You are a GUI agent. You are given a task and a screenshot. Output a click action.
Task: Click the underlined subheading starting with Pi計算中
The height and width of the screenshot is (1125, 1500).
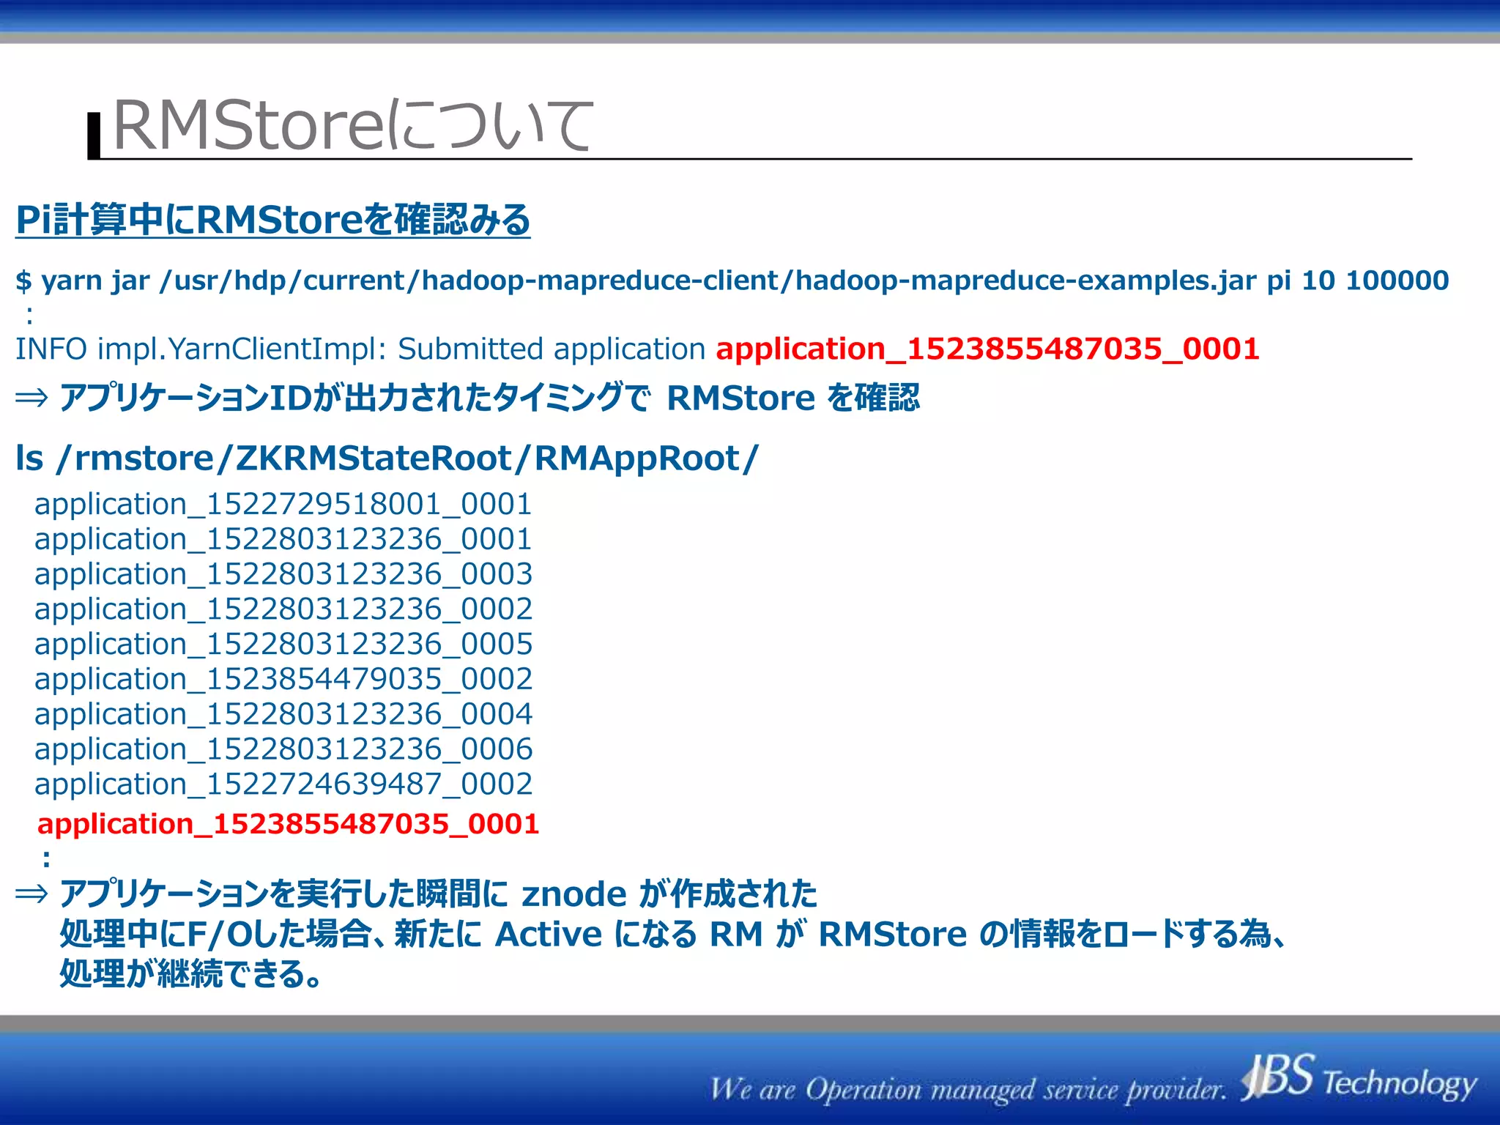[272, 220]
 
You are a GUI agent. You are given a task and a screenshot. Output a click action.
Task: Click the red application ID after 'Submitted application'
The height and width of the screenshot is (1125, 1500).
[987, 349]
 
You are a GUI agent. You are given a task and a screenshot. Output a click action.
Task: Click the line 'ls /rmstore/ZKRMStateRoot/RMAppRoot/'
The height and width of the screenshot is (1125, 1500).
[387, 458]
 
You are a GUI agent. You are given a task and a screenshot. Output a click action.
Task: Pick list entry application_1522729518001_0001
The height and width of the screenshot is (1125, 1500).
[283, 504]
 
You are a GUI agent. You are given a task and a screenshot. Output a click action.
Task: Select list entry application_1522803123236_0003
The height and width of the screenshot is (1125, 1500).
[283, 573]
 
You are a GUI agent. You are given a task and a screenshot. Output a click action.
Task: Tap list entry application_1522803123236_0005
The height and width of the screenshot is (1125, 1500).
[283, 644]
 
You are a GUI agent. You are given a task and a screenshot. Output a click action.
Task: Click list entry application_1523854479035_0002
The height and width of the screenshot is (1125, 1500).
[283, 679]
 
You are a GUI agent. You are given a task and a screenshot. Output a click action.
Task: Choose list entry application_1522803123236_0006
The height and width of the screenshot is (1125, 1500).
[283, 749]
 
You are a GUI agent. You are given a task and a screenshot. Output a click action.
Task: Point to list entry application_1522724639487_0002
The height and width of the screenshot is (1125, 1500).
[283, 784]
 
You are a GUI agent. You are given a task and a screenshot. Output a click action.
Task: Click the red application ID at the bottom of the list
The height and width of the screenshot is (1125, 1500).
[288, 824]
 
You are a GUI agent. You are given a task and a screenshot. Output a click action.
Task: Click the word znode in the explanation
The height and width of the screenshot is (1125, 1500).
[573, 894]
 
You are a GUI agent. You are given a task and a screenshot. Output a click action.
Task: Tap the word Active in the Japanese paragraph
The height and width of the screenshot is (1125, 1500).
[548, 935]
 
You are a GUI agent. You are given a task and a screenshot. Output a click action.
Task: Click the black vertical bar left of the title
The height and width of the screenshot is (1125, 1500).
[94, 135]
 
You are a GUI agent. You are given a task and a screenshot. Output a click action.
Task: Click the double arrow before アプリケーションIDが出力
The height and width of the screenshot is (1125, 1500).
[31, 398]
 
